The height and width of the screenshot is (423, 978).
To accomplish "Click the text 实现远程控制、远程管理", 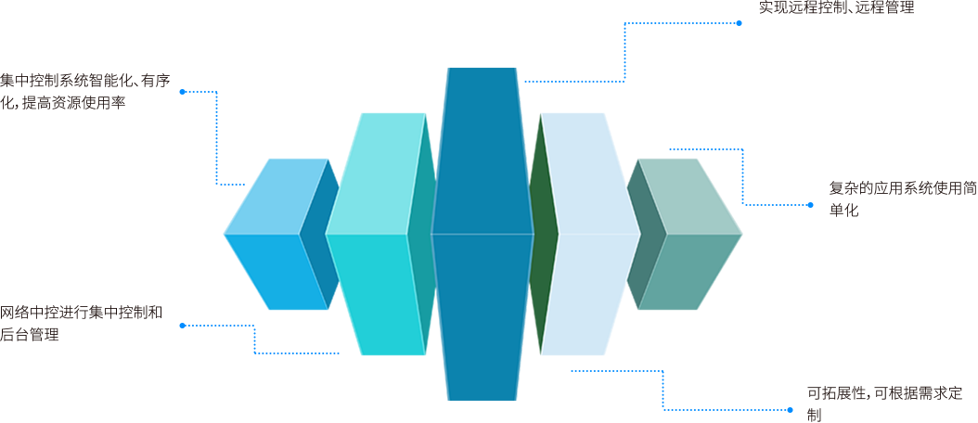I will pos(836,7).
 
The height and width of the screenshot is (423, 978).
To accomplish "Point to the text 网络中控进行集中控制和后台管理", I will pos(82,323).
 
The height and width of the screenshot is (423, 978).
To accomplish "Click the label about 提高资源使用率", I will pos(84,92).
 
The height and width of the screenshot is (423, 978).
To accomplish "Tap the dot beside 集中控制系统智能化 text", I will pos(182,92).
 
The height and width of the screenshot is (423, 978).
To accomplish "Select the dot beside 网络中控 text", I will pos(182,326).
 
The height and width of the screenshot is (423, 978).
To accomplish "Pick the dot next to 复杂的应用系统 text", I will pos(810,205).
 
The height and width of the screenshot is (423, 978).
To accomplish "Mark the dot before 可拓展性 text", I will pos(791,409).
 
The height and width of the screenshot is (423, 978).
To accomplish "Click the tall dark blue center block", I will pos(482,232).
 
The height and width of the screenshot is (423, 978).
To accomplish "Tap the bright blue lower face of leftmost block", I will pos(269,271).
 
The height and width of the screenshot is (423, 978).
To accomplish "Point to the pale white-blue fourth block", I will pos(586,232).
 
